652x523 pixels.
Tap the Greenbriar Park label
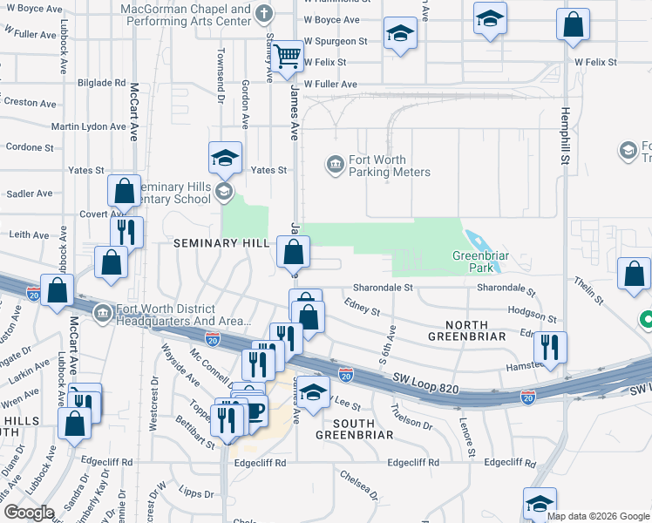(479, 262)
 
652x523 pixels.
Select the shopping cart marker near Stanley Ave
(287, 58)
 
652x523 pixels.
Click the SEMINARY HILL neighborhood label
(222, 243)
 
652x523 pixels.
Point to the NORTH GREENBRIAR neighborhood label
(468, 336)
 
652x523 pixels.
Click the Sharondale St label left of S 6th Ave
(383, 287)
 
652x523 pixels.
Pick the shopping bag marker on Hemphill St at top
(574, 26)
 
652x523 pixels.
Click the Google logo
(28, 513)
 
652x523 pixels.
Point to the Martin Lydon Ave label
(88, 126)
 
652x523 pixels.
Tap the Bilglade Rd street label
(101, 83)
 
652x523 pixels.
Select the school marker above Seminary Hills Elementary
(225, 159)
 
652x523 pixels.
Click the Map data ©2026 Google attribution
(598, 515)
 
